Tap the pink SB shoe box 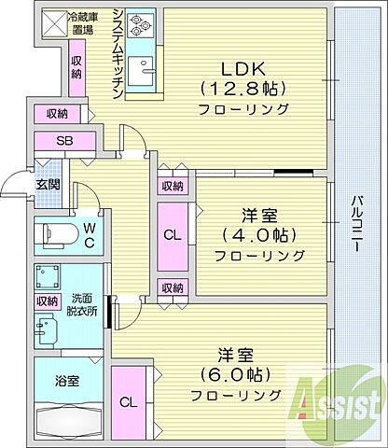click(64, 142)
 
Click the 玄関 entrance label click(48, 184)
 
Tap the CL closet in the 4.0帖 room click(173, 235)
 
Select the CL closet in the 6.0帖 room click(128, 401)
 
